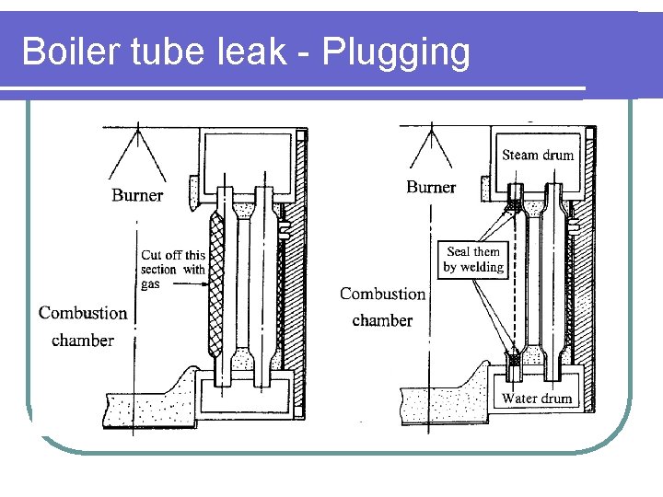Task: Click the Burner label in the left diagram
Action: [x=137, y=195]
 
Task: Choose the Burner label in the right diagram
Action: [x=431, y=188]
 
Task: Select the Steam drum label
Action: [x=538, y=155]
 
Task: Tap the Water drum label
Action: [x=537, y=399]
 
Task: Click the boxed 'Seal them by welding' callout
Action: [x=473, y=260]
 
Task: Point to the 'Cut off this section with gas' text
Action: [x=172, y=270]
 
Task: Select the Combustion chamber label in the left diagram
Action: [x=83, y=327]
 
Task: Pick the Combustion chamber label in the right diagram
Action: [x=383, y=307]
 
